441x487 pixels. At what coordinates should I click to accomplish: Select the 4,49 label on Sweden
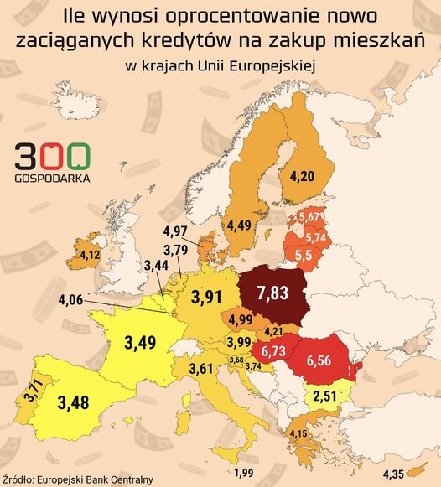point(241,224)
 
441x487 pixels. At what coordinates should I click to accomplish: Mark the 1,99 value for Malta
point(245,474)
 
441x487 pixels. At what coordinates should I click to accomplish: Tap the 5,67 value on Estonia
point(309,217)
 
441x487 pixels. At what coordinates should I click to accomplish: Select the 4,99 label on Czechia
point(241,319)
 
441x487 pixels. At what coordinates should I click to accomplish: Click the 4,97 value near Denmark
point(176,231)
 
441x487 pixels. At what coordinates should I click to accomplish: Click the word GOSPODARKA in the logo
point(54,178)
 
